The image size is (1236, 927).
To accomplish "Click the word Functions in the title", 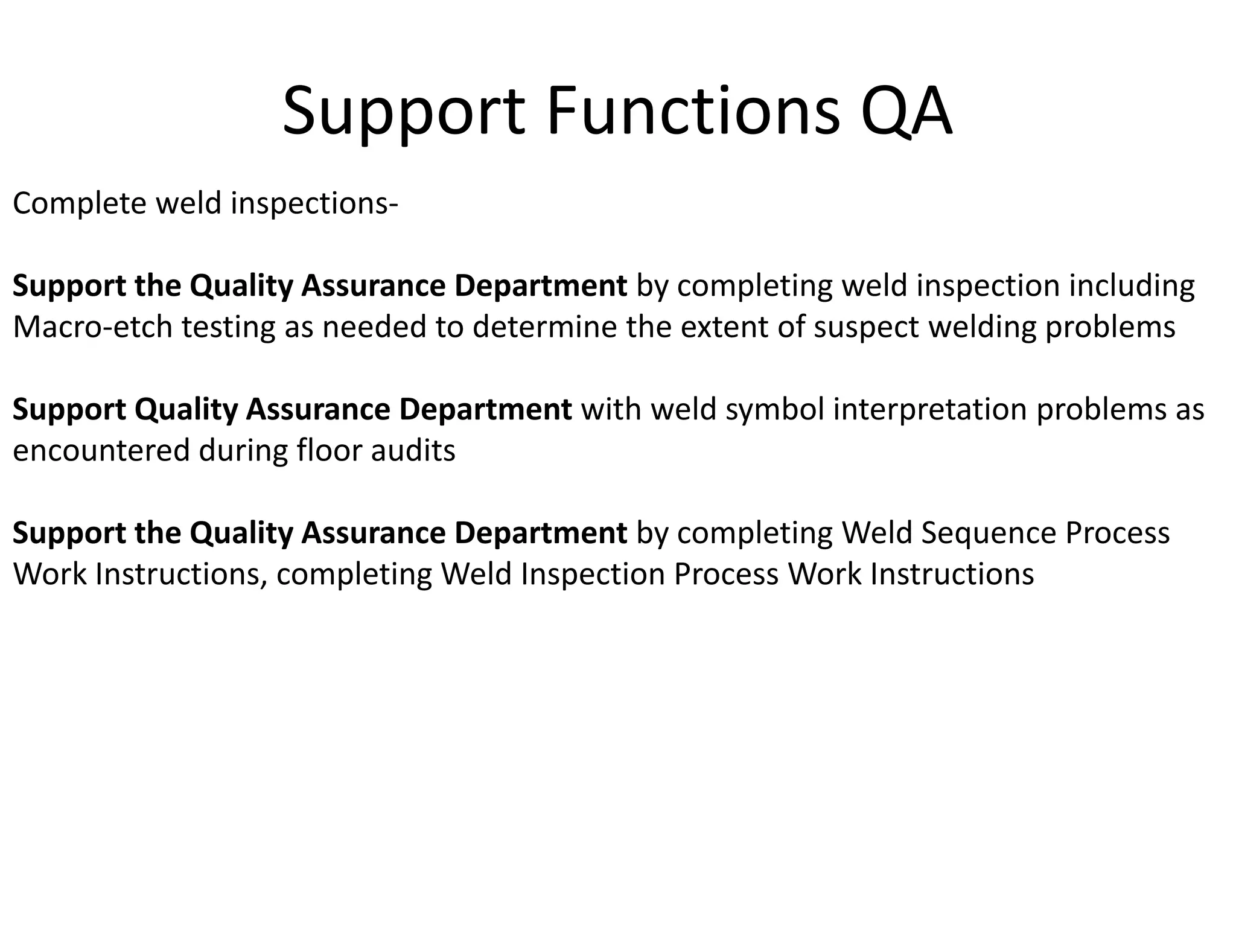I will pos(693,112).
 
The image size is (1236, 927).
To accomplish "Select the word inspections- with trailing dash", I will pos(314,203).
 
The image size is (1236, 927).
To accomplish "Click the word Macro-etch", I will pos(92,327).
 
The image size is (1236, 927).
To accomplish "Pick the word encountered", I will pos(101,451).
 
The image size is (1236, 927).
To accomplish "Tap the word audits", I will pos(413,451).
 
